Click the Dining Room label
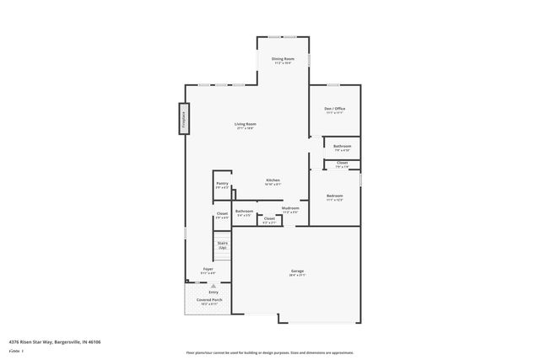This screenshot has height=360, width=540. point(282,59)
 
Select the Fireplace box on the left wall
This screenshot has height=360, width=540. point(183,117)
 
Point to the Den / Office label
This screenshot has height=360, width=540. point(334,109)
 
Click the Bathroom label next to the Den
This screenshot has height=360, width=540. point(342,147)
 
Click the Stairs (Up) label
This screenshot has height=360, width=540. point(222,245)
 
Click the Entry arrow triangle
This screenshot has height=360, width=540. point(202,285)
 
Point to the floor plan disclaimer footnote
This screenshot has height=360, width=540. point(270,352)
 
